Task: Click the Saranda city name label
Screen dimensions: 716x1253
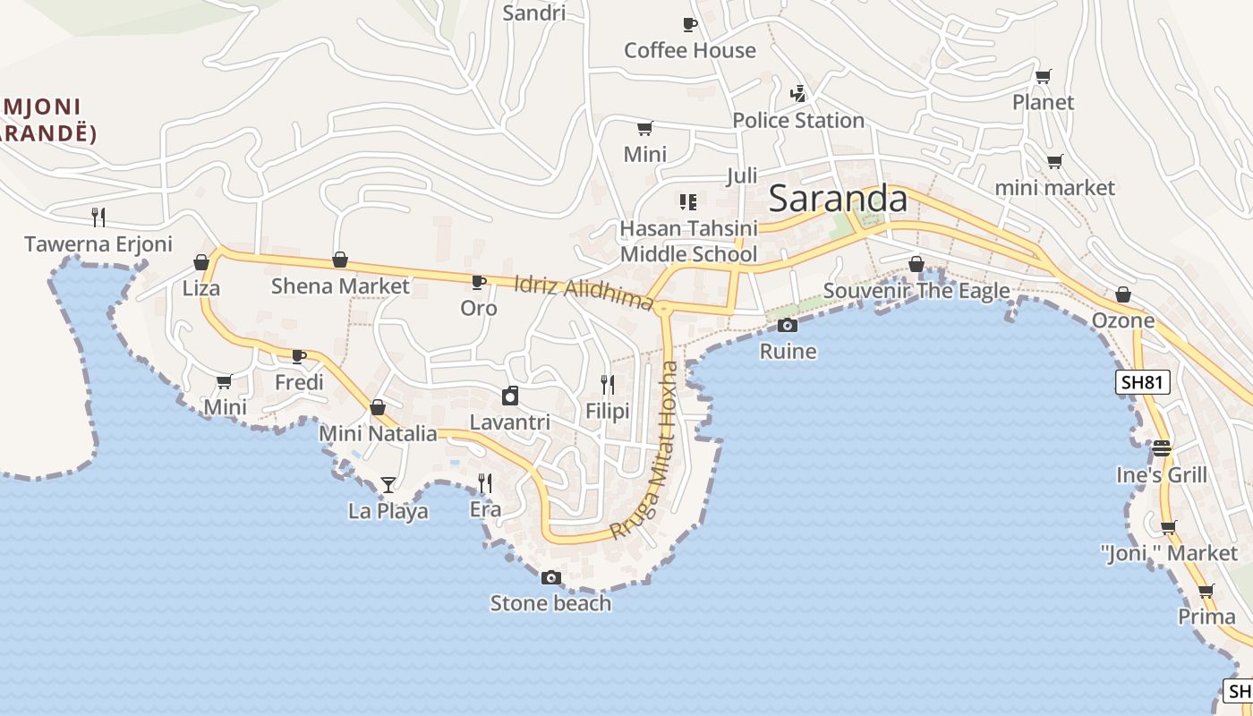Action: tap(838, 199)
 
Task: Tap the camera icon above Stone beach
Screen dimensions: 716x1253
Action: tap(551, 578)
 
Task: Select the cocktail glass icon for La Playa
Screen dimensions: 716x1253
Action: tap(388, 485)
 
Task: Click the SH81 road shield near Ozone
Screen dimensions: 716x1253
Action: tap(1144, 383)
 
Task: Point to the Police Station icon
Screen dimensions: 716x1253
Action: tap(798, 94)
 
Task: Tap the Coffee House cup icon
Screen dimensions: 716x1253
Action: tap(689, 25)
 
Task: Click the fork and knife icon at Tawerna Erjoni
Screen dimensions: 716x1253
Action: tap(98, 217)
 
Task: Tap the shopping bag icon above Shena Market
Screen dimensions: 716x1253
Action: tap(340, 260)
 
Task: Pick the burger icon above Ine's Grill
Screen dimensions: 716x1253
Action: tap(1162, 447)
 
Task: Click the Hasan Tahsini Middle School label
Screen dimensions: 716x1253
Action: tap(688, 242)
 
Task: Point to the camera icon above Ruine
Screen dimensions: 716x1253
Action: tap(788, 326)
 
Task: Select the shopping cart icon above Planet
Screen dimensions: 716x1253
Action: tap(1043, 77)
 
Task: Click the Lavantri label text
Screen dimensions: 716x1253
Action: tap(509, 422)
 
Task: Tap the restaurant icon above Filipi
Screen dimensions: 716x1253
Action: tap(608, 385)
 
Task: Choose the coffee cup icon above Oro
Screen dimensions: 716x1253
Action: tap(479, 283)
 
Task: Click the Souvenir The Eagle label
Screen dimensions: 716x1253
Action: tap(916, 291)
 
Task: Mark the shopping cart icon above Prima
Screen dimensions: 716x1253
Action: tap(1206, 592)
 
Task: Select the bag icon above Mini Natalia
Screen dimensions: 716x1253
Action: tap(378, 408)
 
